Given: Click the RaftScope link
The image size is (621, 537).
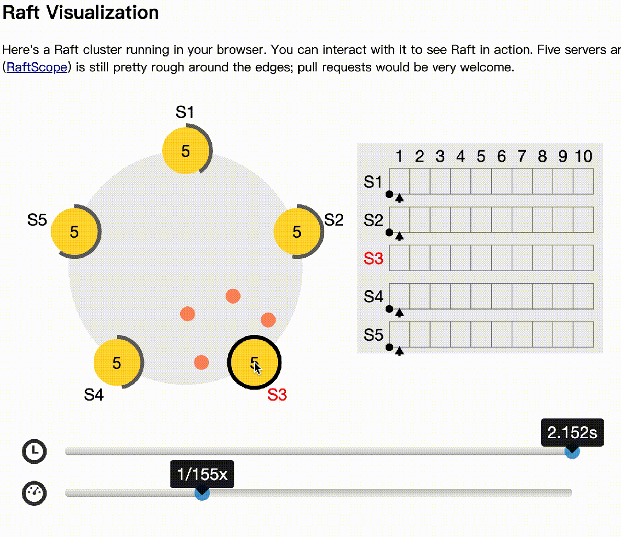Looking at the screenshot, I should click(x=37, y=67).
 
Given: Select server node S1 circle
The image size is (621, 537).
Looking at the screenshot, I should click(x=185, y=151).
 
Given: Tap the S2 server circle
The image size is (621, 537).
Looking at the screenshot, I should click(x=296, y=231).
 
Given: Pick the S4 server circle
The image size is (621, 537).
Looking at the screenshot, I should click(x=117, y=363).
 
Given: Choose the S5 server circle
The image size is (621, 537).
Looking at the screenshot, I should click(x=74, y=231).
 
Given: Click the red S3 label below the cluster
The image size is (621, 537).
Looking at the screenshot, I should click(x=277, y=395).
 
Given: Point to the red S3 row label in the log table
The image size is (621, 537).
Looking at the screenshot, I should click(x=374, y=258).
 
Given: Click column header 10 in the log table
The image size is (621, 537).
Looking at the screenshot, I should click(x=583, y=156).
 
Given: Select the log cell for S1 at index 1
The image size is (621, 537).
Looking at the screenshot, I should click(x=399, y=181).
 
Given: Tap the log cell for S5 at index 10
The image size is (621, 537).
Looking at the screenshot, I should click(x=583, y=334).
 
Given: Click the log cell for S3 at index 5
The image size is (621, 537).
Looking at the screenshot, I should click(x=481, y=258).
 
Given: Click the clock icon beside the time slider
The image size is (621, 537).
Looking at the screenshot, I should click(x=35, y=451).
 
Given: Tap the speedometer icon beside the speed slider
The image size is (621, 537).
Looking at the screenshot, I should click(x=35, y=493).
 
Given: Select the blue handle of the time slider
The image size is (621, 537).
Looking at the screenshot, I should click(x=572, y=452).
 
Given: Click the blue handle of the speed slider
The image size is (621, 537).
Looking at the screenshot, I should click(x=202, y=493).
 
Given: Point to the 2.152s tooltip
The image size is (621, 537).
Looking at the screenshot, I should click(x=572, y=432).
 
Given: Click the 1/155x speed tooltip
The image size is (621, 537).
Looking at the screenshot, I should click(x=202, y=474).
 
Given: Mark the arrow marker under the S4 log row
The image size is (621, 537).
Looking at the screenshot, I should click(x=399, y=313).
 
